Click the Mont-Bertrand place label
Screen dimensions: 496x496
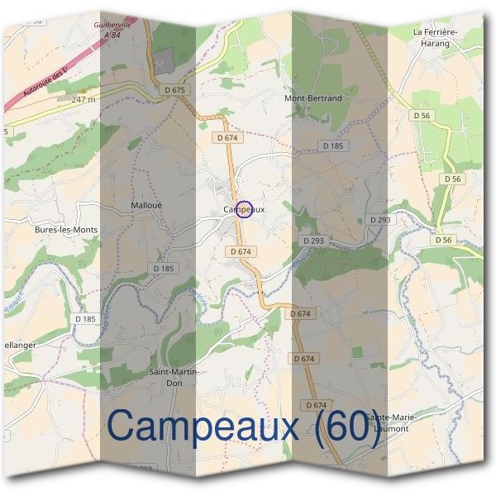tap(312, 98)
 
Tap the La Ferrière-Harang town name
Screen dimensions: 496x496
tap(435, 36)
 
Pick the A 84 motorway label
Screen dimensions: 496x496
tap(112, 35)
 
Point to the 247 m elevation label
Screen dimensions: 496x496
tap(83, 99)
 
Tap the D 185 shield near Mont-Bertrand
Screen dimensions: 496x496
tap(332, 145)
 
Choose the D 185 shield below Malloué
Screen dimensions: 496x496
tap(165, 269)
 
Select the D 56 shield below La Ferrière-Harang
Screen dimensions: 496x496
tap(422, 117)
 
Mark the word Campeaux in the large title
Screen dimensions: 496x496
tap(207, 427)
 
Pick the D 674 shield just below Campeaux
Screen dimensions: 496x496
tap(241, 250)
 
